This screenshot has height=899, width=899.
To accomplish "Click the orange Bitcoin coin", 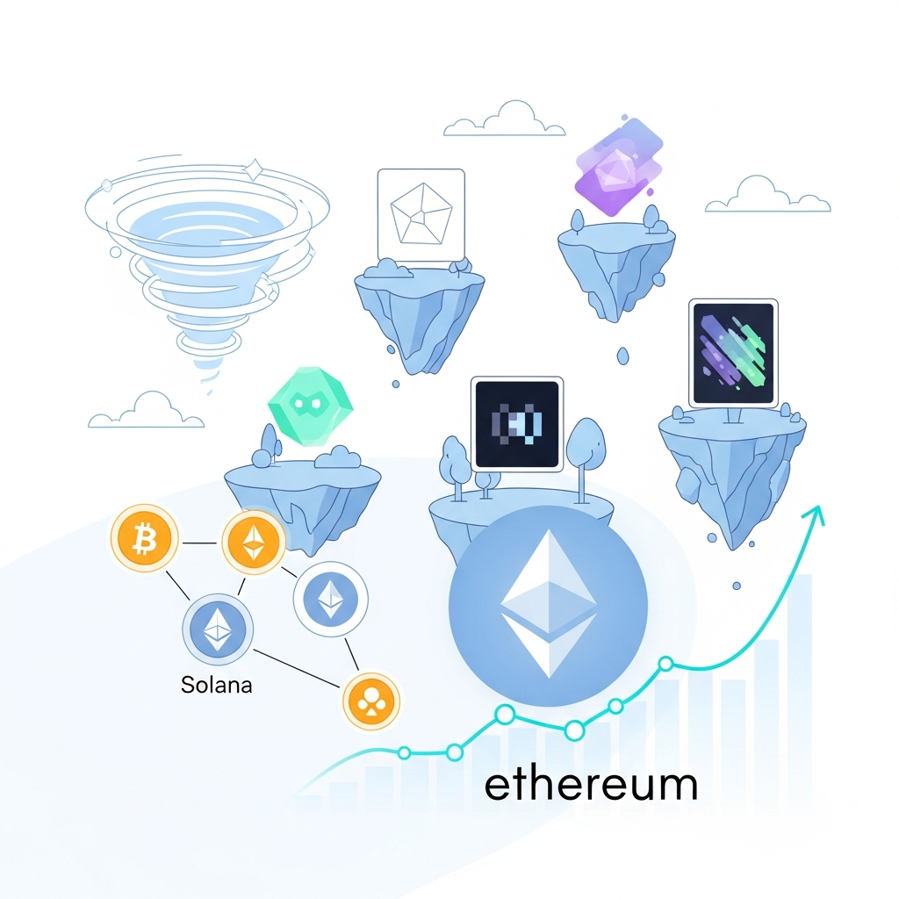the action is click(x=144, y=538).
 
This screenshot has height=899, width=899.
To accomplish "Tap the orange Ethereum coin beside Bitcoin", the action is click(x=254, y=542).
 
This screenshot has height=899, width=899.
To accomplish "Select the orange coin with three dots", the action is click(x=371, y=701).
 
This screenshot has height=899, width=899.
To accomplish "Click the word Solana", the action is click(x=216, y=685).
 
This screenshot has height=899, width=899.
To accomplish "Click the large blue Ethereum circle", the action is click(x=548, y=605).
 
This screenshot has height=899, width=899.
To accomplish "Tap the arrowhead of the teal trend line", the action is click(x=816, y=514).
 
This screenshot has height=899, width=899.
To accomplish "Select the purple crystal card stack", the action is click(x=619, y=166).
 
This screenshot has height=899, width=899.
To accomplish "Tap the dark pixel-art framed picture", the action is click(x=516, y=424).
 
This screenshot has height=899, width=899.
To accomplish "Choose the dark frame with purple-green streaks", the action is click(x=733, y=353).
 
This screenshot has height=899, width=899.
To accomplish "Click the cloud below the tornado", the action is click(x=146, y=410).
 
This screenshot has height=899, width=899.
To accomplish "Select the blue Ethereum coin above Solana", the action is click(x=218, y=629).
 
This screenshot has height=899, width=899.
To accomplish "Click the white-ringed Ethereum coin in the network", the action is click(x=330, y=599).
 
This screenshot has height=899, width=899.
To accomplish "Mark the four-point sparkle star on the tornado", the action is click(x=254, y=169).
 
